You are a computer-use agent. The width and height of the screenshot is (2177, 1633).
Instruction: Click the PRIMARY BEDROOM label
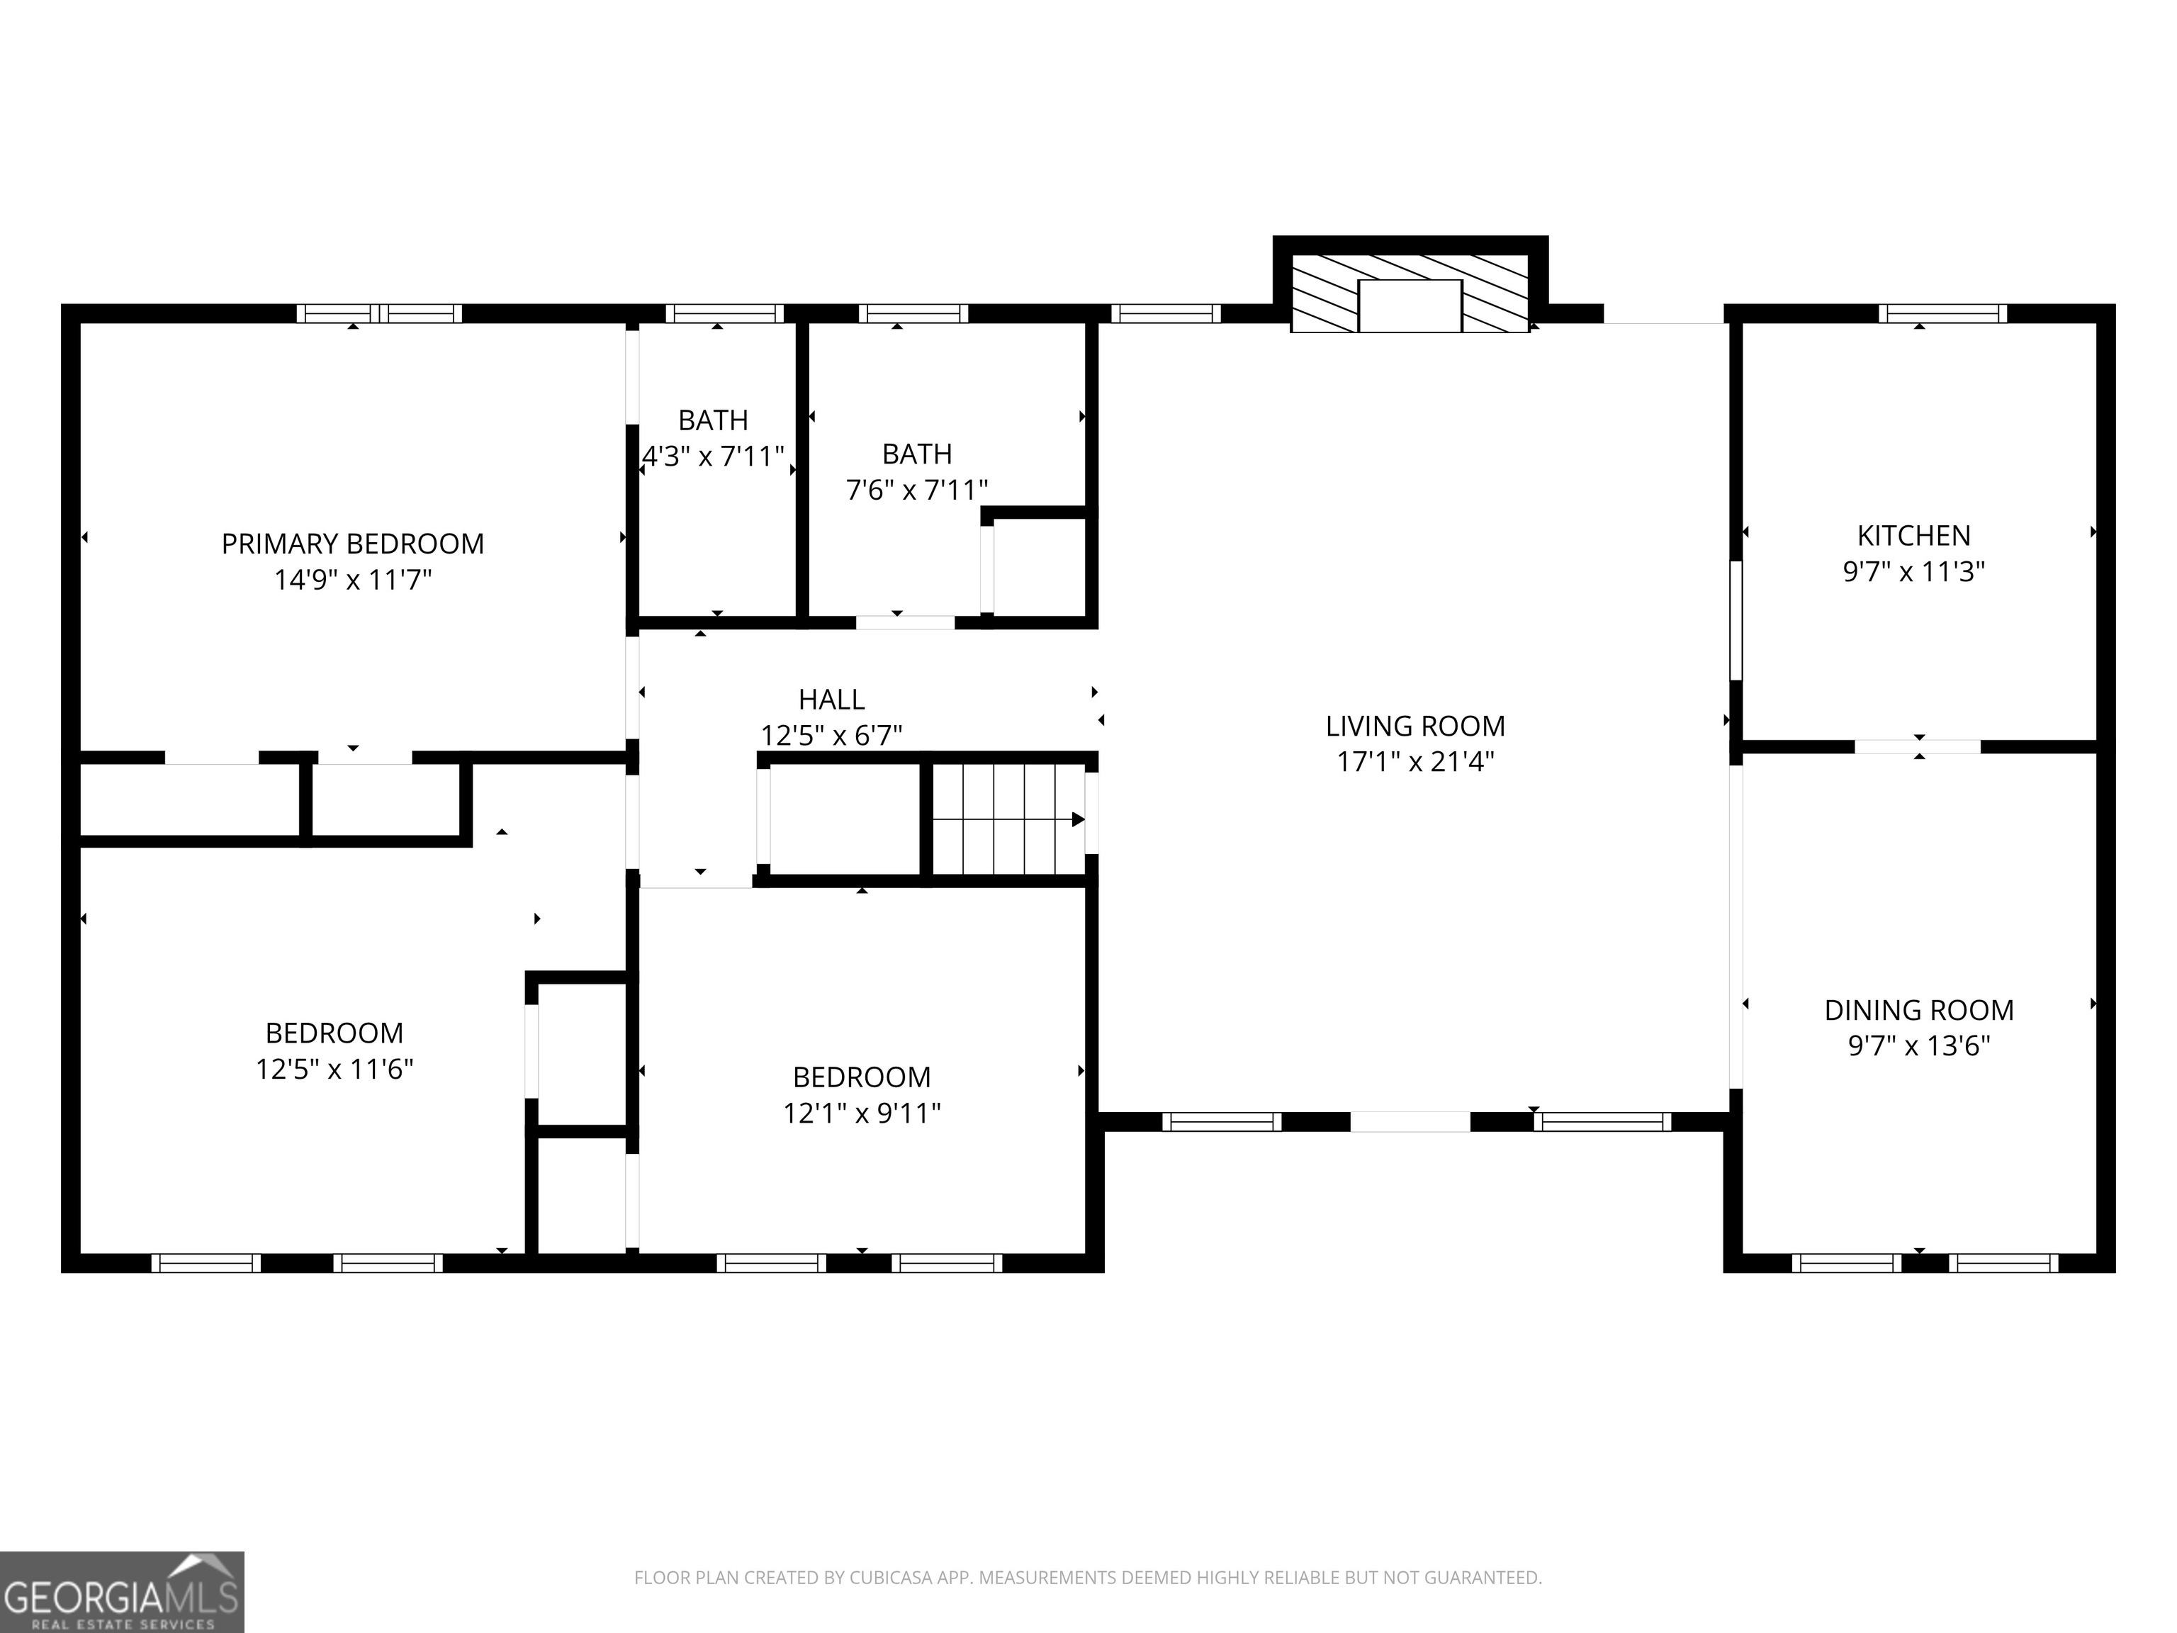(352, 544)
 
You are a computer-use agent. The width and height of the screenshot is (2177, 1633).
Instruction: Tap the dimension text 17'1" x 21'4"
(1415, 762)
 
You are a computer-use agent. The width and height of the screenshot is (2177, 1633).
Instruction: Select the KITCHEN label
(1913, 536)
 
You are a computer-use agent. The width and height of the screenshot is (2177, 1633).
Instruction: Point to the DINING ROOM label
(1918, 1010)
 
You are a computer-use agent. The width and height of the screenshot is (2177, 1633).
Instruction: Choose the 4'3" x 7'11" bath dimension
(712, 456)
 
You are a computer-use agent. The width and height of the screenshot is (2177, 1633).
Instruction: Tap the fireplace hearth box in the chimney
(1410, 305)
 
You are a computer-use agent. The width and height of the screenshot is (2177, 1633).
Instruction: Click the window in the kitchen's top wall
(1942, 314)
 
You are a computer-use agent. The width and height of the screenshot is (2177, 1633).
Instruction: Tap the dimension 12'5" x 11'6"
(334, 1069)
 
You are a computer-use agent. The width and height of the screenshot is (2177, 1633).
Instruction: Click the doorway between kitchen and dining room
(1917, 747)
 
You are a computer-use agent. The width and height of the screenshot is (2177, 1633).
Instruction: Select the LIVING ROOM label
(1415, 726)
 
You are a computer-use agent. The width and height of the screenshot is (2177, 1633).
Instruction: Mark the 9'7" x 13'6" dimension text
(1918, 1045)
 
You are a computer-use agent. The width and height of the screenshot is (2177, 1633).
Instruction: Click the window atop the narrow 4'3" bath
(724, 314)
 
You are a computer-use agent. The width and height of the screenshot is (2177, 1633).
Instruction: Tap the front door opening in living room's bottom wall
(1410, 1121)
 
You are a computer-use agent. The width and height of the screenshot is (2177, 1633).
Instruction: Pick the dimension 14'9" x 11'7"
(352, 580)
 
